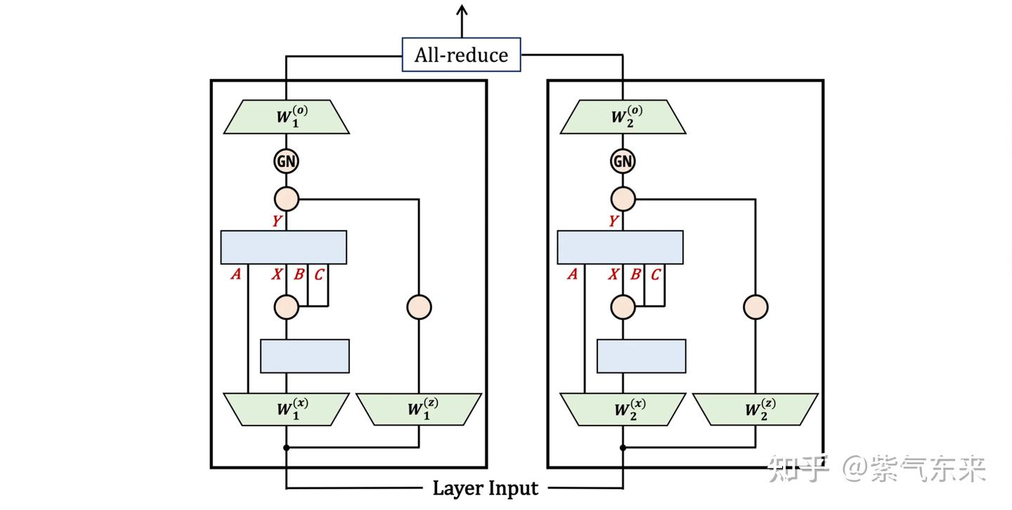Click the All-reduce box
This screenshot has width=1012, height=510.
pos(461,55)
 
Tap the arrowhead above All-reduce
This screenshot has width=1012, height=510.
pos(462,10)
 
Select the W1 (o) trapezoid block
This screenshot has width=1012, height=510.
pos(286,117)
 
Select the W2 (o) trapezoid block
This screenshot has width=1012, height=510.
pos(623,117)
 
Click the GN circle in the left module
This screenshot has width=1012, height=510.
pos(286,161)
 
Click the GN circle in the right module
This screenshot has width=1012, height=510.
pos(623,161)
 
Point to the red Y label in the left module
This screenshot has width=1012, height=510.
pos(278,222)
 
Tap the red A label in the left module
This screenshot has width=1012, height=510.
pos(236,274)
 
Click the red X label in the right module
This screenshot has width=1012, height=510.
pos(614,274)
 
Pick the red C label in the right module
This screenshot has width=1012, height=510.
pos(655,274)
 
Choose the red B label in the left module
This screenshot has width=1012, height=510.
pos(299,274)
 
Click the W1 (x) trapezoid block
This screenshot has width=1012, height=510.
pos(286,409)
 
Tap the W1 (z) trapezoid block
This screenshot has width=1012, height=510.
pos(419,409)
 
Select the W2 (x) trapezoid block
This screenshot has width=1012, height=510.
pos(623,409)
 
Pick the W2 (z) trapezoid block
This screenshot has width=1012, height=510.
pos(755,409)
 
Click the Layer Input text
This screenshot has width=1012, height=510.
pos(485,487)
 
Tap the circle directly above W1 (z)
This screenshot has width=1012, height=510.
pos(420,307)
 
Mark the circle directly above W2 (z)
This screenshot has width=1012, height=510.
pos(756,307)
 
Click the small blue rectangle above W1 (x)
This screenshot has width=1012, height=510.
pos(305,356)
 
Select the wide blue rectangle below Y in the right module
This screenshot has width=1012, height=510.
pos(620,247)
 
